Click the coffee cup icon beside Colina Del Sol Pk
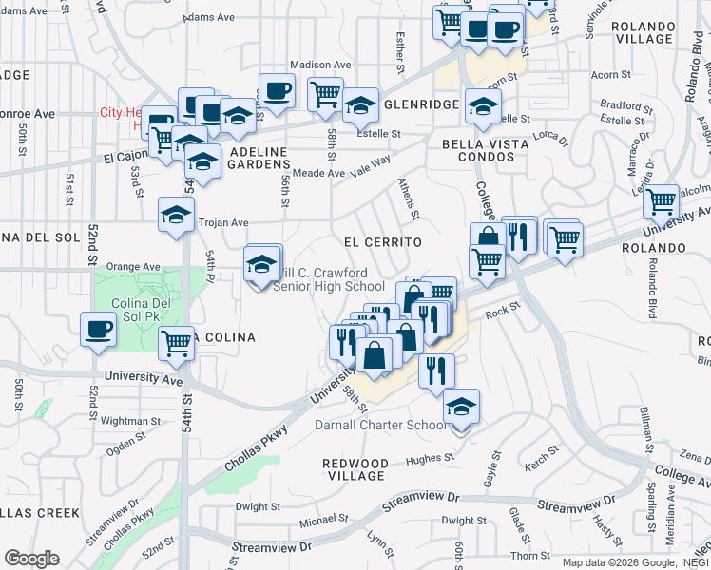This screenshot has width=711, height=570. (98, 330)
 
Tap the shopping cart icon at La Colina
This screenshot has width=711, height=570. (176, 343)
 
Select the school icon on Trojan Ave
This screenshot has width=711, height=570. (176, 216)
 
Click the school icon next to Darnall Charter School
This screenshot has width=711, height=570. (461, 406)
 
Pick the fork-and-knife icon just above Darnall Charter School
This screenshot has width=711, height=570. (436, 370)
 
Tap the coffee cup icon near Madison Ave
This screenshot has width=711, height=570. (277, 92)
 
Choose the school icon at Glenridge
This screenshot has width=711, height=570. (360, 106)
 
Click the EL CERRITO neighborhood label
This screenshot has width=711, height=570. (382, 243)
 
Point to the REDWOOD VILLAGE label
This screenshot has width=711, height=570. (355, 469)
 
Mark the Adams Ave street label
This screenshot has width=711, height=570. (209, 17)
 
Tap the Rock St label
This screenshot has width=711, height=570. (504, 308)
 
